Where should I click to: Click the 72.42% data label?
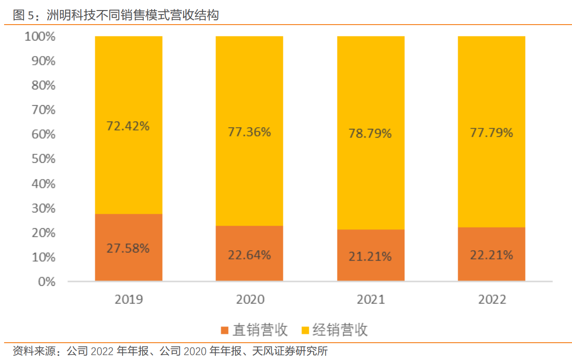[128, 126]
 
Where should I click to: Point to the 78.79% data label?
[370, 134]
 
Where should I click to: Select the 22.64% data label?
[249, 255]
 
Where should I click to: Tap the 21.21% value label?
[370, 257]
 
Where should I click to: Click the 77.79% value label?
[491, 133]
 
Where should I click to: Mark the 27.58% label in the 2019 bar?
[128, 248]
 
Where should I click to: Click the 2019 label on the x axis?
[128, 299]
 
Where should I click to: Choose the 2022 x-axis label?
[492, 299]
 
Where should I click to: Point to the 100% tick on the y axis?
[40, 36]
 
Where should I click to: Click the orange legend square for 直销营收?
[225, 330]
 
